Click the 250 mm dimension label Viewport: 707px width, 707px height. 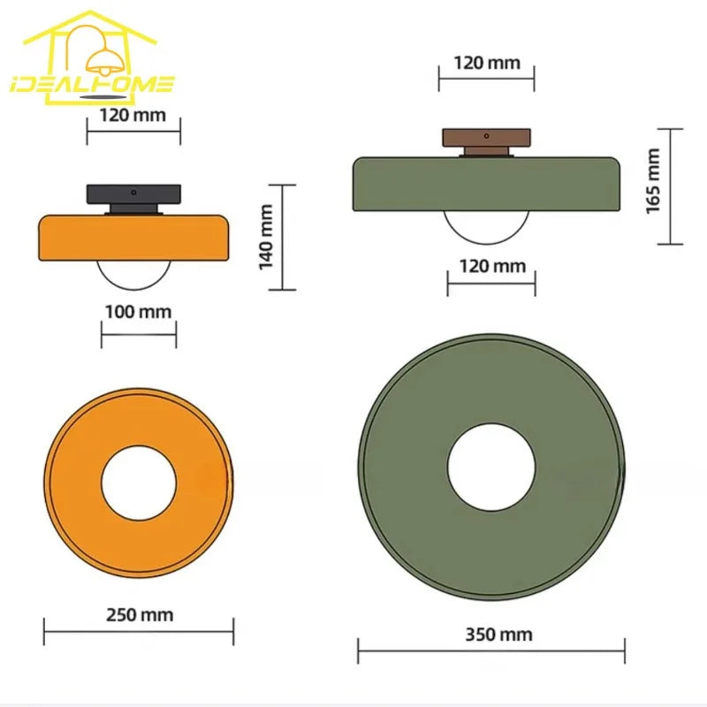click(140, 615)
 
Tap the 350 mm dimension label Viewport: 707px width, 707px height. click(498, 635)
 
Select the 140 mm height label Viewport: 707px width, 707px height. click(266, 237)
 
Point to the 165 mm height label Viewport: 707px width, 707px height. click(653, 181)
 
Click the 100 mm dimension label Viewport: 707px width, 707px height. click(139, 312)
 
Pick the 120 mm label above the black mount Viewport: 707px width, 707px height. click(133, 116)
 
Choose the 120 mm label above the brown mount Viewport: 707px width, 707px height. click(487, 63)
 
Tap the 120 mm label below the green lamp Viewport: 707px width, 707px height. click(493, 267)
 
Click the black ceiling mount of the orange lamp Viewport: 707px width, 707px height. click(134, 199)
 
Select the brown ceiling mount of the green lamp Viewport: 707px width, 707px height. click(487, 142)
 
